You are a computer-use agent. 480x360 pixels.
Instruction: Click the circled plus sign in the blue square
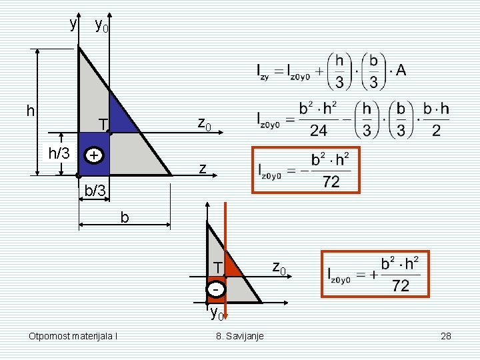point(94,155)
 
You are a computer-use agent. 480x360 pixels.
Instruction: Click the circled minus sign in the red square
point(216,289)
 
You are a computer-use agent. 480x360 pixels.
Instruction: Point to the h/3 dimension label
point(59,153)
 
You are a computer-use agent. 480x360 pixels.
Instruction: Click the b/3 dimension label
point(95,191)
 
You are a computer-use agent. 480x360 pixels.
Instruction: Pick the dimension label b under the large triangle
point(125,217)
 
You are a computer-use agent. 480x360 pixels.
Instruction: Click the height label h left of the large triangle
point(31,111)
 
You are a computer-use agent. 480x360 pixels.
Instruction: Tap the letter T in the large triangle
point(104,125)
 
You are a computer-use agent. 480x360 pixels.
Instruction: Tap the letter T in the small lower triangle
point(217,268)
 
